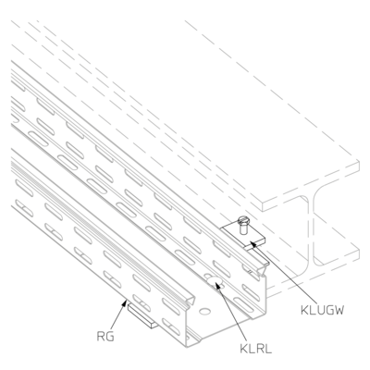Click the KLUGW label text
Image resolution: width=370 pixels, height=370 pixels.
[x=322, y=310]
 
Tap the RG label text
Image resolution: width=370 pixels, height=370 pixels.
[x=105, y=336]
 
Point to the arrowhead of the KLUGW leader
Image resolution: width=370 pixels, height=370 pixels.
[x=253, y=244]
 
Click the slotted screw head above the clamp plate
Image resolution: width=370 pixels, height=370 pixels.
[x=243, y=220]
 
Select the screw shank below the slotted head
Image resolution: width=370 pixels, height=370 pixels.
[x=243, y=228]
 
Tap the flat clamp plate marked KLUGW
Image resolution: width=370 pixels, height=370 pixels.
[x=243, y=237]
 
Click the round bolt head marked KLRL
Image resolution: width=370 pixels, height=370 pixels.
[x=215, y=282]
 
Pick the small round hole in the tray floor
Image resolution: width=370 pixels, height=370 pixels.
[x=204, y=312]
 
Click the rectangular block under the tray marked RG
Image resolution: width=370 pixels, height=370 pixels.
[x=142, y=316]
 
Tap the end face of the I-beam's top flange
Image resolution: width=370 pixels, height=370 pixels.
[x=310, y=187]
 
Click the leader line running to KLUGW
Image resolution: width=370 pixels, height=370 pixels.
[x=284, y=274]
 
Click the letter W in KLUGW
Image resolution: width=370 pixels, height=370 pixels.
[x=339, y=310]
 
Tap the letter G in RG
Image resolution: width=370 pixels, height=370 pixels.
[x=110, y=336]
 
